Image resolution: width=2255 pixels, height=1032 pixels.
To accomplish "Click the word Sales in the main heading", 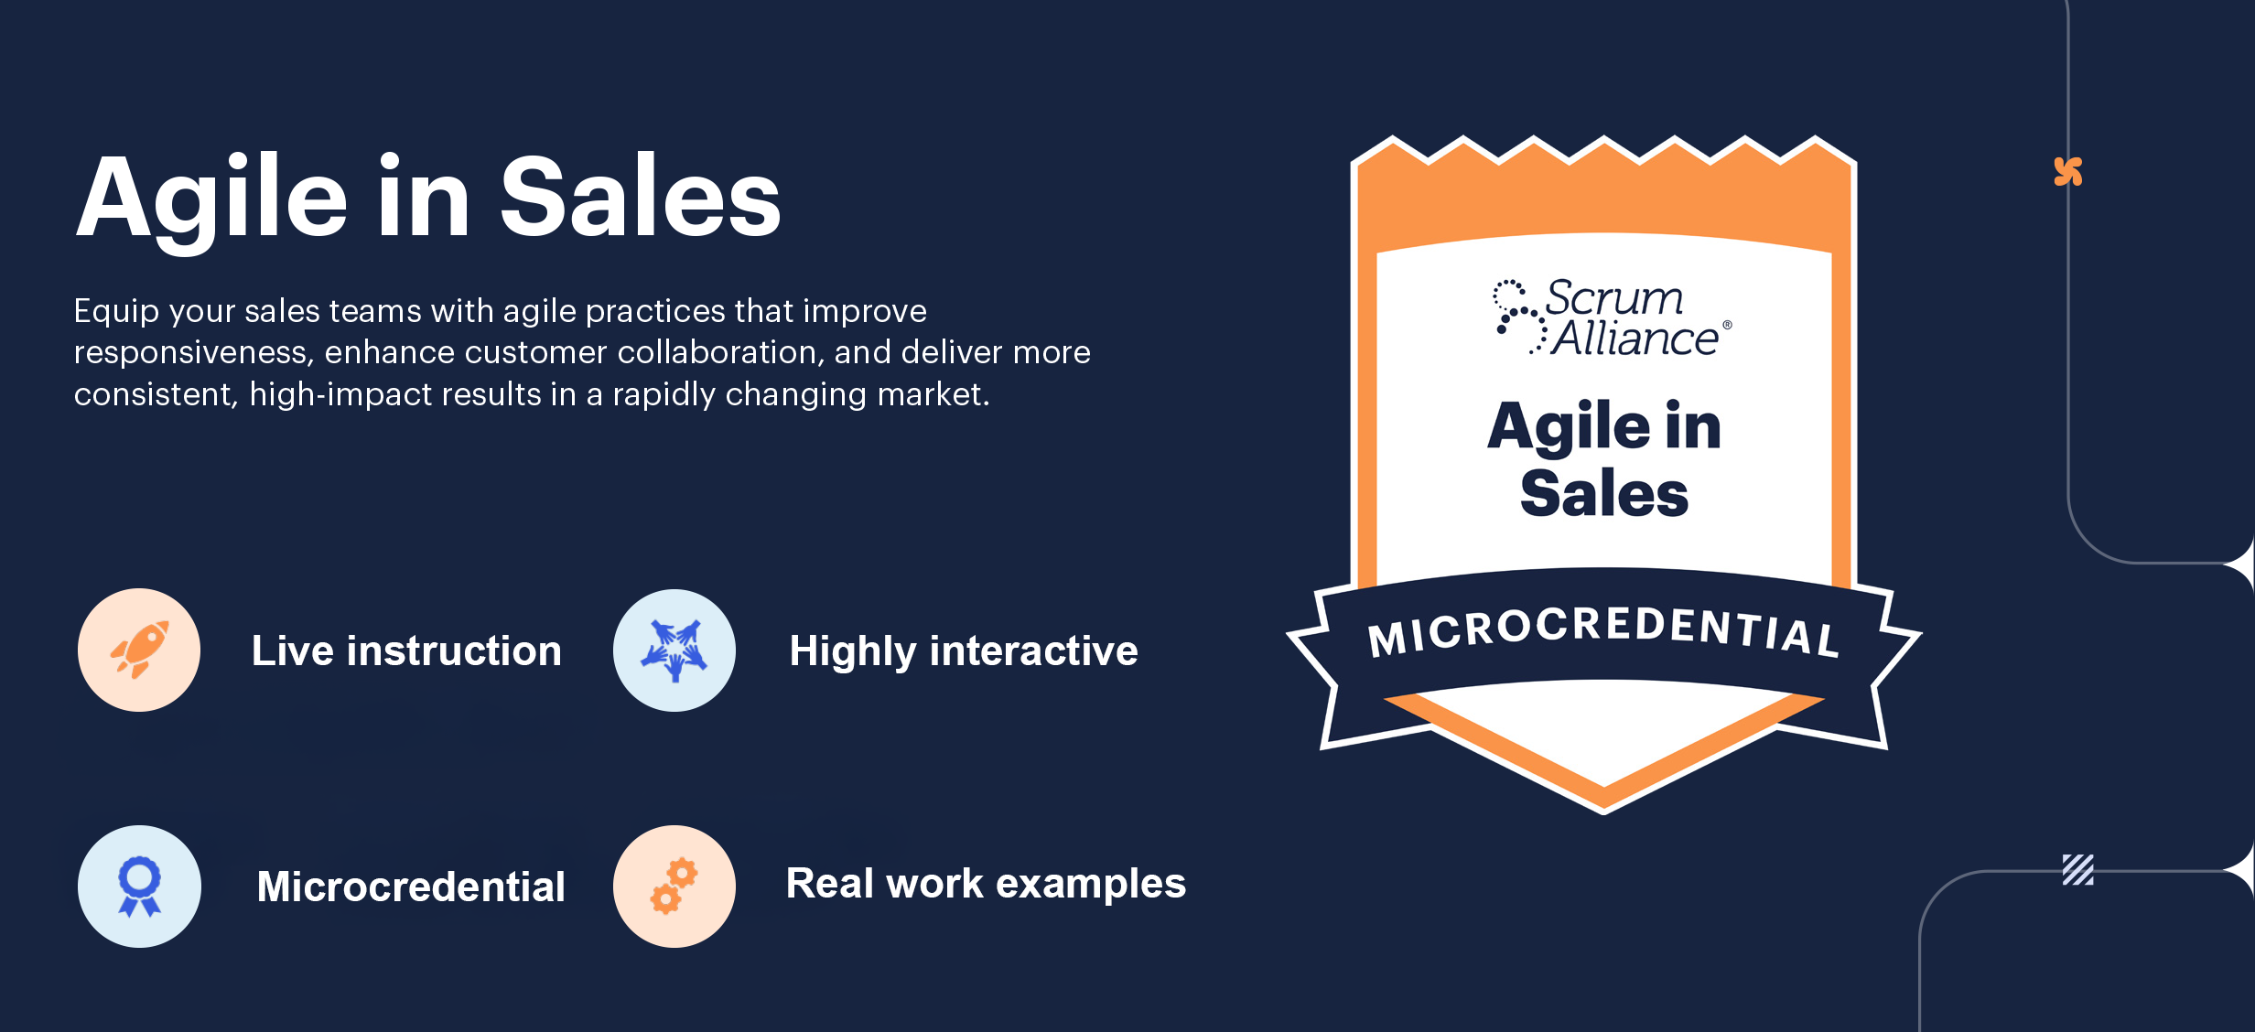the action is [640, 197].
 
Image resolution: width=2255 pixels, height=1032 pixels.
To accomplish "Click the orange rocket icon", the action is [139, 650].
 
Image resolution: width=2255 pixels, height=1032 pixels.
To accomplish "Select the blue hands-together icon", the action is [674, 650].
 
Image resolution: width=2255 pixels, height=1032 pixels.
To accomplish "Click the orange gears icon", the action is [674, 886].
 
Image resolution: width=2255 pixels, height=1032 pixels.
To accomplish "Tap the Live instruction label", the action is [406, 650].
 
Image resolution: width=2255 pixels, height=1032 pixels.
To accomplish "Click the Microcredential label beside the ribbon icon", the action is [411, 887].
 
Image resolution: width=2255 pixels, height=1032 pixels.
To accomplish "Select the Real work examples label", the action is [986, 884].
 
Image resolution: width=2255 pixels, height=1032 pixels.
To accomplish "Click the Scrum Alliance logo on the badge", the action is [1612, 317].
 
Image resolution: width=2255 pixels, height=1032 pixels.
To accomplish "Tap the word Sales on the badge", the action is [1604, 493].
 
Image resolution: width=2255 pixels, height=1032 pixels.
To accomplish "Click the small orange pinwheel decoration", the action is [2068, 171].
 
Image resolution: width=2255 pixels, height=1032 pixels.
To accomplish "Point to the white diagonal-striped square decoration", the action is [2077, 869].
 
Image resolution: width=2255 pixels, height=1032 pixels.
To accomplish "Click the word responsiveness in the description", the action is [194, 352].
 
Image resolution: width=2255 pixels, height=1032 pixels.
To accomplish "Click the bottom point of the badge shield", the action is [1603, 812].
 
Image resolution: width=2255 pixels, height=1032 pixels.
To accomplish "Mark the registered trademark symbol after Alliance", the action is [1727, 325].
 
